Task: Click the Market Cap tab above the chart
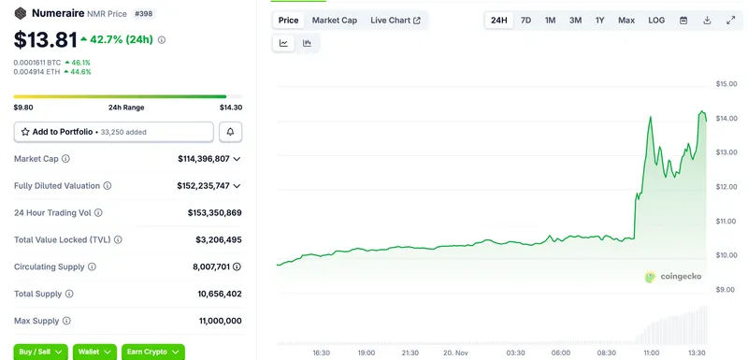[334, 20]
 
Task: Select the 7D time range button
[525, 20]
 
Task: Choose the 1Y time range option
[599, 20]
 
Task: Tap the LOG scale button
[656, 20]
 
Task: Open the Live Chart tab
[395, 20]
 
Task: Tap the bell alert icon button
[230, 132]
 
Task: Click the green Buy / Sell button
[42, 352]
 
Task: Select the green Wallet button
[94, 352]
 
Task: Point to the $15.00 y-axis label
[726, 84]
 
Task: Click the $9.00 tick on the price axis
[726, 289]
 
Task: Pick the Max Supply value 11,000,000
[214, 321]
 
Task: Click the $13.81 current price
[43, 40]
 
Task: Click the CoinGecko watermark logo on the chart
[673, 276]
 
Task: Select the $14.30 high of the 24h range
[230, 108]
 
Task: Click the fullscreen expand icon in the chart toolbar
[730, 20]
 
